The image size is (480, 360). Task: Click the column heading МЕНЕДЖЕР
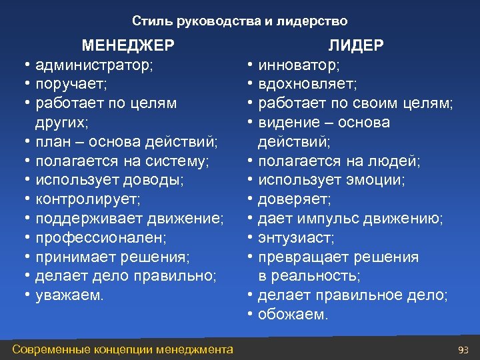pos(128,45)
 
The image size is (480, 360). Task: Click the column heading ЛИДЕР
pos(355,45)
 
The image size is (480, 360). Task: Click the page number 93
pos(464,349)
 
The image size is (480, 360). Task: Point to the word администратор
pos(93,65)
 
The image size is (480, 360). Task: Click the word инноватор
pos(298,65)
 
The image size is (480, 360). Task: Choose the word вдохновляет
pos(307,84)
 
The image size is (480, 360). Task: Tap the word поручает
pos(71,84)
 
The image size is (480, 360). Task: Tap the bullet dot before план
pos(25,142)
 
